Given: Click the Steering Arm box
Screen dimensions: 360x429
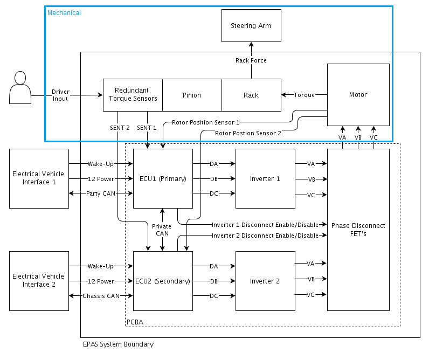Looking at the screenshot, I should click(x=251, y=25).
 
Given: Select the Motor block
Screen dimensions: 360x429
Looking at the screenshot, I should click(x=358, y=95).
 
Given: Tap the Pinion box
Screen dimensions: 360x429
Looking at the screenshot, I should click(x=191, y=95).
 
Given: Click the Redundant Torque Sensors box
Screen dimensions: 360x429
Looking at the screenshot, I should click(x=133, y=95).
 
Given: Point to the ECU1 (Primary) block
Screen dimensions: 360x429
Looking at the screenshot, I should click(x=162, y=178).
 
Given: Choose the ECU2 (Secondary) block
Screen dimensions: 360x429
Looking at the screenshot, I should click(x=162, y=281).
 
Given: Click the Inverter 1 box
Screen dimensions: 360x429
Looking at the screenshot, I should click(x=265, y=178).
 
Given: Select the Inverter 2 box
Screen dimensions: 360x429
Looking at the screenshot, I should click(x=265, y=281).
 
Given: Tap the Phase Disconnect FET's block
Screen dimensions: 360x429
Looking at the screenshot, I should click(x=358, y=230).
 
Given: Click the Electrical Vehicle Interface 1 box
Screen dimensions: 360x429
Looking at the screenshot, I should click(x=39, y=178).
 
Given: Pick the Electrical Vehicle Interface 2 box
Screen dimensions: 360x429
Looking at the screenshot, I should click(x=39, y=281).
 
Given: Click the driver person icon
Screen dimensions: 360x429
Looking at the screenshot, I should click(x=20, y=87).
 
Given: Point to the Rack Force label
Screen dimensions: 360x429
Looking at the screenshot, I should click(x=251, y=60).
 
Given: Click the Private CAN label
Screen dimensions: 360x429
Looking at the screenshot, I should click(x=162, y=230).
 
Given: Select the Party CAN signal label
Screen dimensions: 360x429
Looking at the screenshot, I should click(x=101, y=193).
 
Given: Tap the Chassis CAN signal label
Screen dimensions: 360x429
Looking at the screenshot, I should click(x=101, y=296).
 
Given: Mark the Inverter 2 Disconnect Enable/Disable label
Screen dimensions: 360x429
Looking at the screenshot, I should click(x=265, y=236).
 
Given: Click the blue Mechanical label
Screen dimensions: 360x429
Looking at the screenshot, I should click(x=64, y=13).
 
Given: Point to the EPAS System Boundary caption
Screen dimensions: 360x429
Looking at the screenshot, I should click(x=118, y=344).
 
